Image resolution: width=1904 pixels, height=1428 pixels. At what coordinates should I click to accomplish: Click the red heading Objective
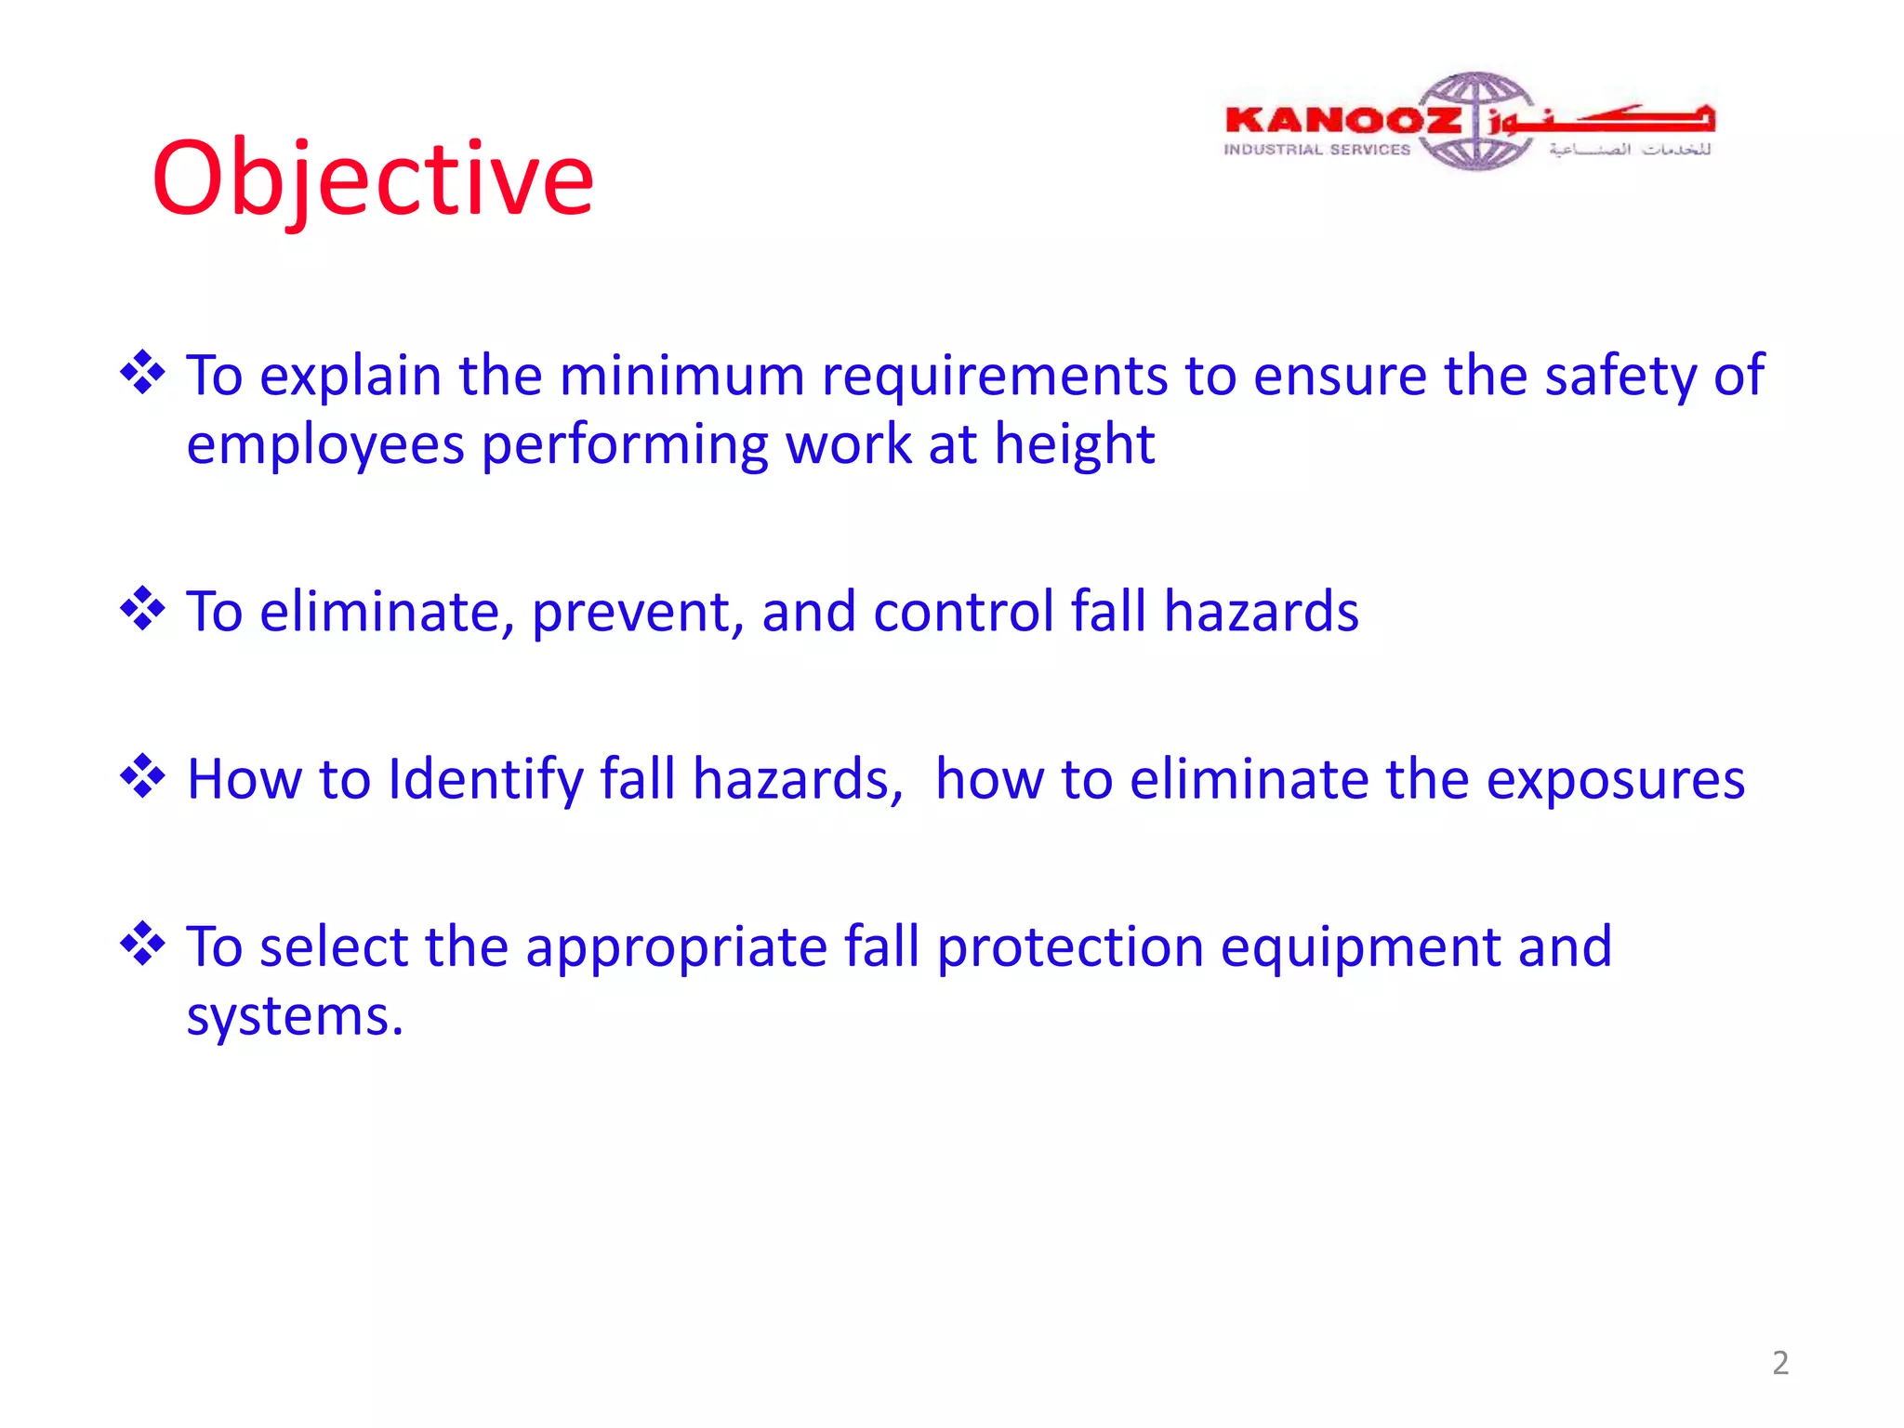point(372,178)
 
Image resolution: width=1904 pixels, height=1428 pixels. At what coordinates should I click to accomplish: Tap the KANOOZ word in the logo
point(1342,120)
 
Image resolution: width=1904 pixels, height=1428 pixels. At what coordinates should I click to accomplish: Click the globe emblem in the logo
point(1477,121)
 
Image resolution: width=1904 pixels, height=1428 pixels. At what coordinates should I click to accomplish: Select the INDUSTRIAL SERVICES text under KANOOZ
point(1316,150)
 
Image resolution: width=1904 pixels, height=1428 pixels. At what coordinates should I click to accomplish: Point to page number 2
point(1779,1363)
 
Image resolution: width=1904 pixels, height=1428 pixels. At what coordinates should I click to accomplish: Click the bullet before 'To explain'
point(142,373)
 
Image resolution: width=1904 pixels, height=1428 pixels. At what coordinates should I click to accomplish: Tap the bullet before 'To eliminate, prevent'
point(142,609)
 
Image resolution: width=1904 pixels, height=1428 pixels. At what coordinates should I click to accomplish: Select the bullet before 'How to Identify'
point(142,776)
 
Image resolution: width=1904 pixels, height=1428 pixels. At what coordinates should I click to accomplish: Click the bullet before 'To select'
point(142,944)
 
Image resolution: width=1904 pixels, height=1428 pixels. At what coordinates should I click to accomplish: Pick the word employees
point(324,445)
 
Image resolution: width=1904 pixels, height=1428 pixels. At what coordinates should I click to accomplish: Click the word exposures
point(1615,780)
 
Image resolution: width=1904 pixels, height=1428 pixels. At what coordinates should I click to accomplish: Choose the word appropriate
point(676,948)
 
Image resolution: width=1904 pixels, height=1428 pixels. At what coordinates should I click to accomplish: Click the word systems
point(294,1017)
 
